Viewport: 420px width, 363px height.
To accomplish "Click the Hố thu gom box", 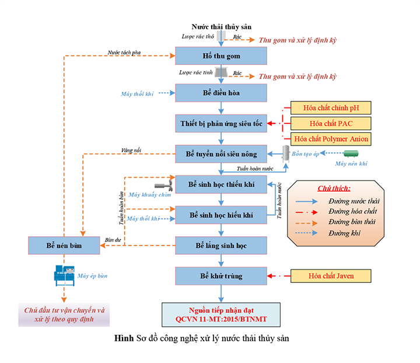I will [221, 56].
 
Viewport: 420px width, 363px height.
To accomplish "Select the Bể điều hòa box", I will [221, 93].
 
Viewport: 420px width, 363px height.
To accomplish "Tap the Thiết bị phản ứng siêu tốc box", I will [221, 123].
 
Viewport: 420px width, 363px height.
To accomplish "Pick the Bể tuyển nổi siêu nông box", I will [221, 154].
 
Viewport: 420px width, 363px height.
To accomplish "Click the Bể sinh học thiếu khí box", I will [221, 185].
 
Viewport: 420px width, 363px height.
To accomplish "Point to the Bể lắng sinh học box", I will [221, 246].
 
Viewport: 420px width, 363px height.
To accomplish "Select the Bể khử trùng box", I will [221, 275].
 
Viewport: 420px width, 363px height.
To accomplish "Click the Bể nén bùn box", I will [64, 246].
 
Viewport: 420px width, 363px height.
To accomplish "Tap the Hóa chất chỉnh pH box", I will [330, 108].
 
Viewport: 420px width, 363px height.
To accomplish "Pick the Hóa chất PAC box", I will [330, 123].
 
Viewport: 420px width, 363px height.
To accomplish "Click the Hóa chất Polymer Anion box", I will [330, 139].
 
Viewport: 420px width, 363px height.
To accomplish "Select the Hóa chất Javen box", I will [330, 275].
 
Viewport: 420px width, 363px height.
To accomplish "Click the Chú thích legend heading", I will [334, 189].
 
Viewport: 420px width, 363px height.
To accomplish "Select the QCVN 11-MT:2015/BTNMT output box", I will [221, 314].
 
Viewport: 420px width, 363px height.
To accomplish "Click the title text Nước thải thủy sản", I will [221, 27].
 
